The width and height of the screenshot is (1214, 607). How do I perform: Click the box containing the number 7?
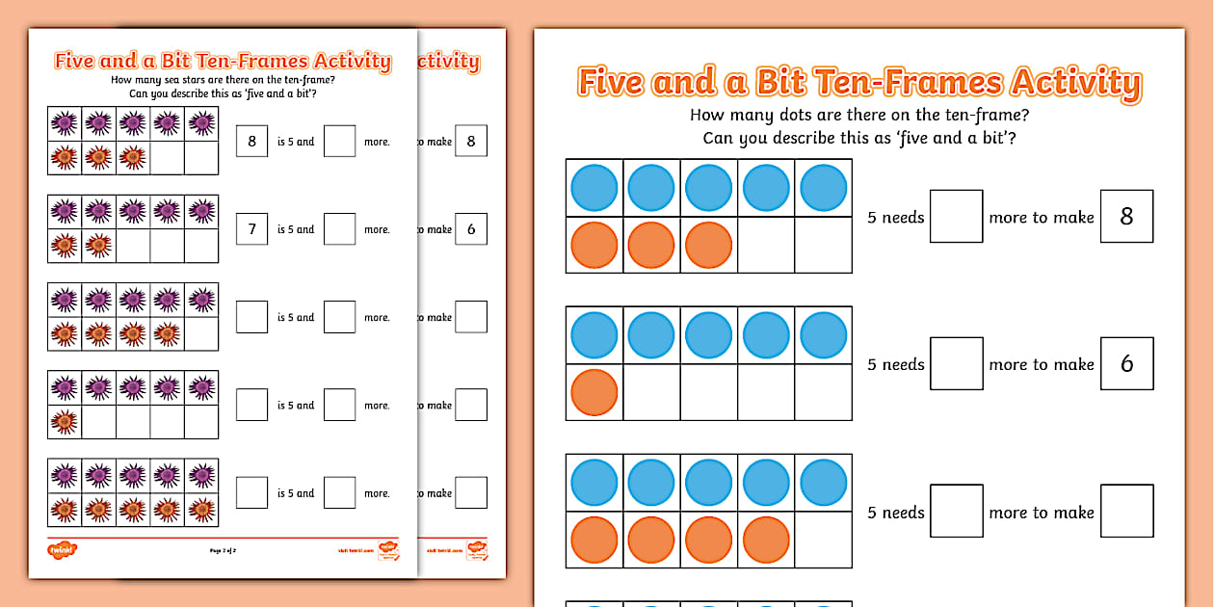(x=251, y=229)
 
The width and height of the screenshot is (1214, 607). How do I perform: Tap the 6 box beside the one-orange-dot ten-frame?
(x=1126, y=364)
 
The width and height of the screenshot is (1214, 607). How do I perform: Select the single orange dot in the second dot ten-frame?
(x=594, y=393)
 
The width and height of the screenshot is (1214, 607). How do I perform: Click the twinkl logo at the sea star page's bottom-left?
(x=62, y=549)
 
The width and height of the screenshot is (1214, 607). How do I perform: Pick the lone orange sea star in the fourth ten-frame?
(x=65, y=421)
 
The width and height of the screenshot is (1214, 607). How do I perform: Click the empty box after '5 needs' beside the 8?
(x=956, y=217)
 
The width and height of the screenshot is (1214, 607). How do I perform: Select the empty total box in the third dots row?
(x=1126, y=511)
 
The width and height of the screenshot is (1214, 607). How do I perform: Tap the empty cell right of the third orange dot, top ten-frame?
(x=765, y=246)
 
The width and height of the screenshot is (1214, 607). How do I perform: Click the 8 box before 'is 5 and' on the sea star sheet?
(x=251, y=142)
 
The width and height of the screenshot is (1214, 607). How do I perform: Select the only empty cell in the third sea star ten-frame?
(x=201, y=334)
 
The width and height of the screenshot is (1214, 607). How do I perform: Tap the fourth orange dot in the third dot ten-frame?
(x=766, y=541)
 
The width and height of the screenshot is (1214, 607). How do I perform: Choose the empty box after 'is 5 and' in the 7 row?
(x=339, y=229)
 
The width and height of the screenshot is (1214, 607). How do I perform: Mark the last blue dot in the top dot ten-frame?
(x=824, y=188)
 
